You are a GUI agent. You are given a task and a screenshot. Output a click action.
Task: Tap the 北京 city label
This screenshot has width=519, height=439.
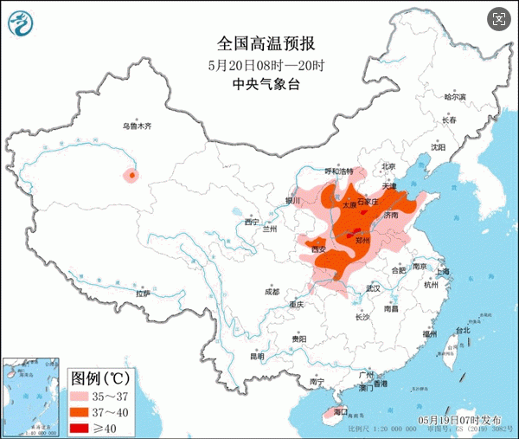tap(388, 166)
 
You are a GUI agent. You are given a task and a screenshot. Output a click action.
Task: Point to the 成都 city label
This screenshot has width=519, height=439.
tap(272, 291)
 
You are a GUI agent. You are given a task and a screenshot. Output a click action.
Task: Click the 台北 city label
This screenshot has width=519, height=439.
tap(462, 330)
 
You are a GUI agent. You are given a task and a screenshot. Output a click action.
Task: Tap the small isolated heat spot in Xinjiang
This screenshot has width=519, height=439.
tap(131, 176)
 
